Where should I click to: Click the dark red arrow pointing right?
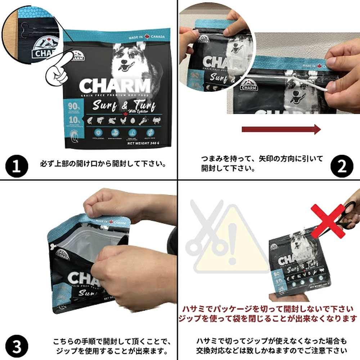[281, 129]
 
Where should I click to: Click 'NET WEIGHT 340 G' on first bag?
[144, 143]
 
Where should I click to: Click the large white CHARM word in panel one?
[114, 86]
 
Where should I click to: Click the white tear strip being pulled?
[310, 84]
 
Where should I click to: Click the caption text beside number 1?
[103, 164]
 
